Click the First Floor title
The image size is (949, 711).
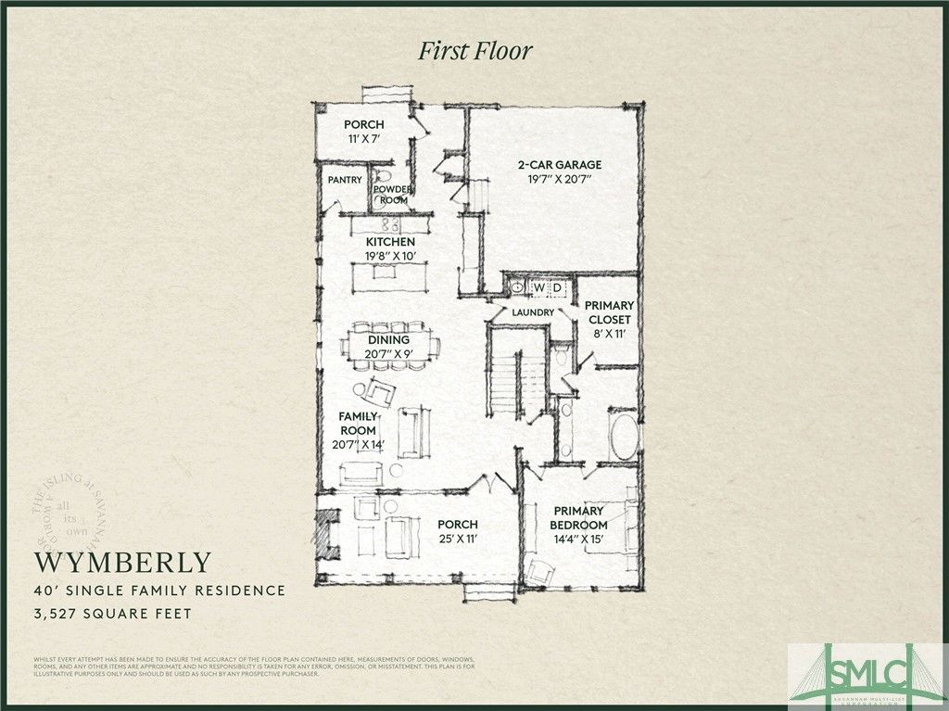coord(474,50)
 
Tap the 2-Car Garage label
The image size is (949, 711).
coord(552,165)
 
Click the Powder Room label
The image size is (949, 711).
coord(391,195)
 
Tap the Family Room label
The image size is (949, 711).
coord(358,424)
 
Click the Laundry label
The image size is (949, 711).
coord(533,312)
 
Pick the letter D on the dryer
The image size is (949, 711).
coord(558,287)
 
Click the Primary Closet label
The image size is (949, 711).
coord(609,312)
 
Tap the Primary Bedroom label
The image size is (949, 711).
coord(578,517)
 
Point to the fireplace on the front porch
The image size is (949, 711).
coord(324,535)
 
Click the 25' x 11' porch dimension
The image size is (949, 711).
coord(458,539)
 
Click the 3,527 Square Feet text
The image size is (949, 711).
coord(113,613)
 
